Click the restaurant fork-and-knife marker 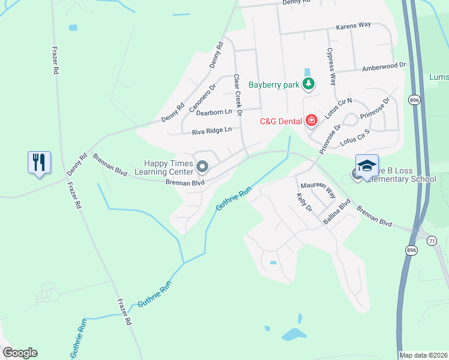pos(39,163)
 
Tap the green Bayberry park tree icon pos(309,84)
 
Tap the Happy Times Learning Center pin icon pos(202,166)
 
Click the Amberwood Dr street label pos(384,67)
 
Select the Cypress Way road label pos(331,67)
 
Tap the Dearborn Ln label pos(214,112)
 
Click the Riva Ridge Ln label pos(211,131)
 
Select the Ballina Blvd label pos(336,213)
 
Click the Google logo pos(20,353)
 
